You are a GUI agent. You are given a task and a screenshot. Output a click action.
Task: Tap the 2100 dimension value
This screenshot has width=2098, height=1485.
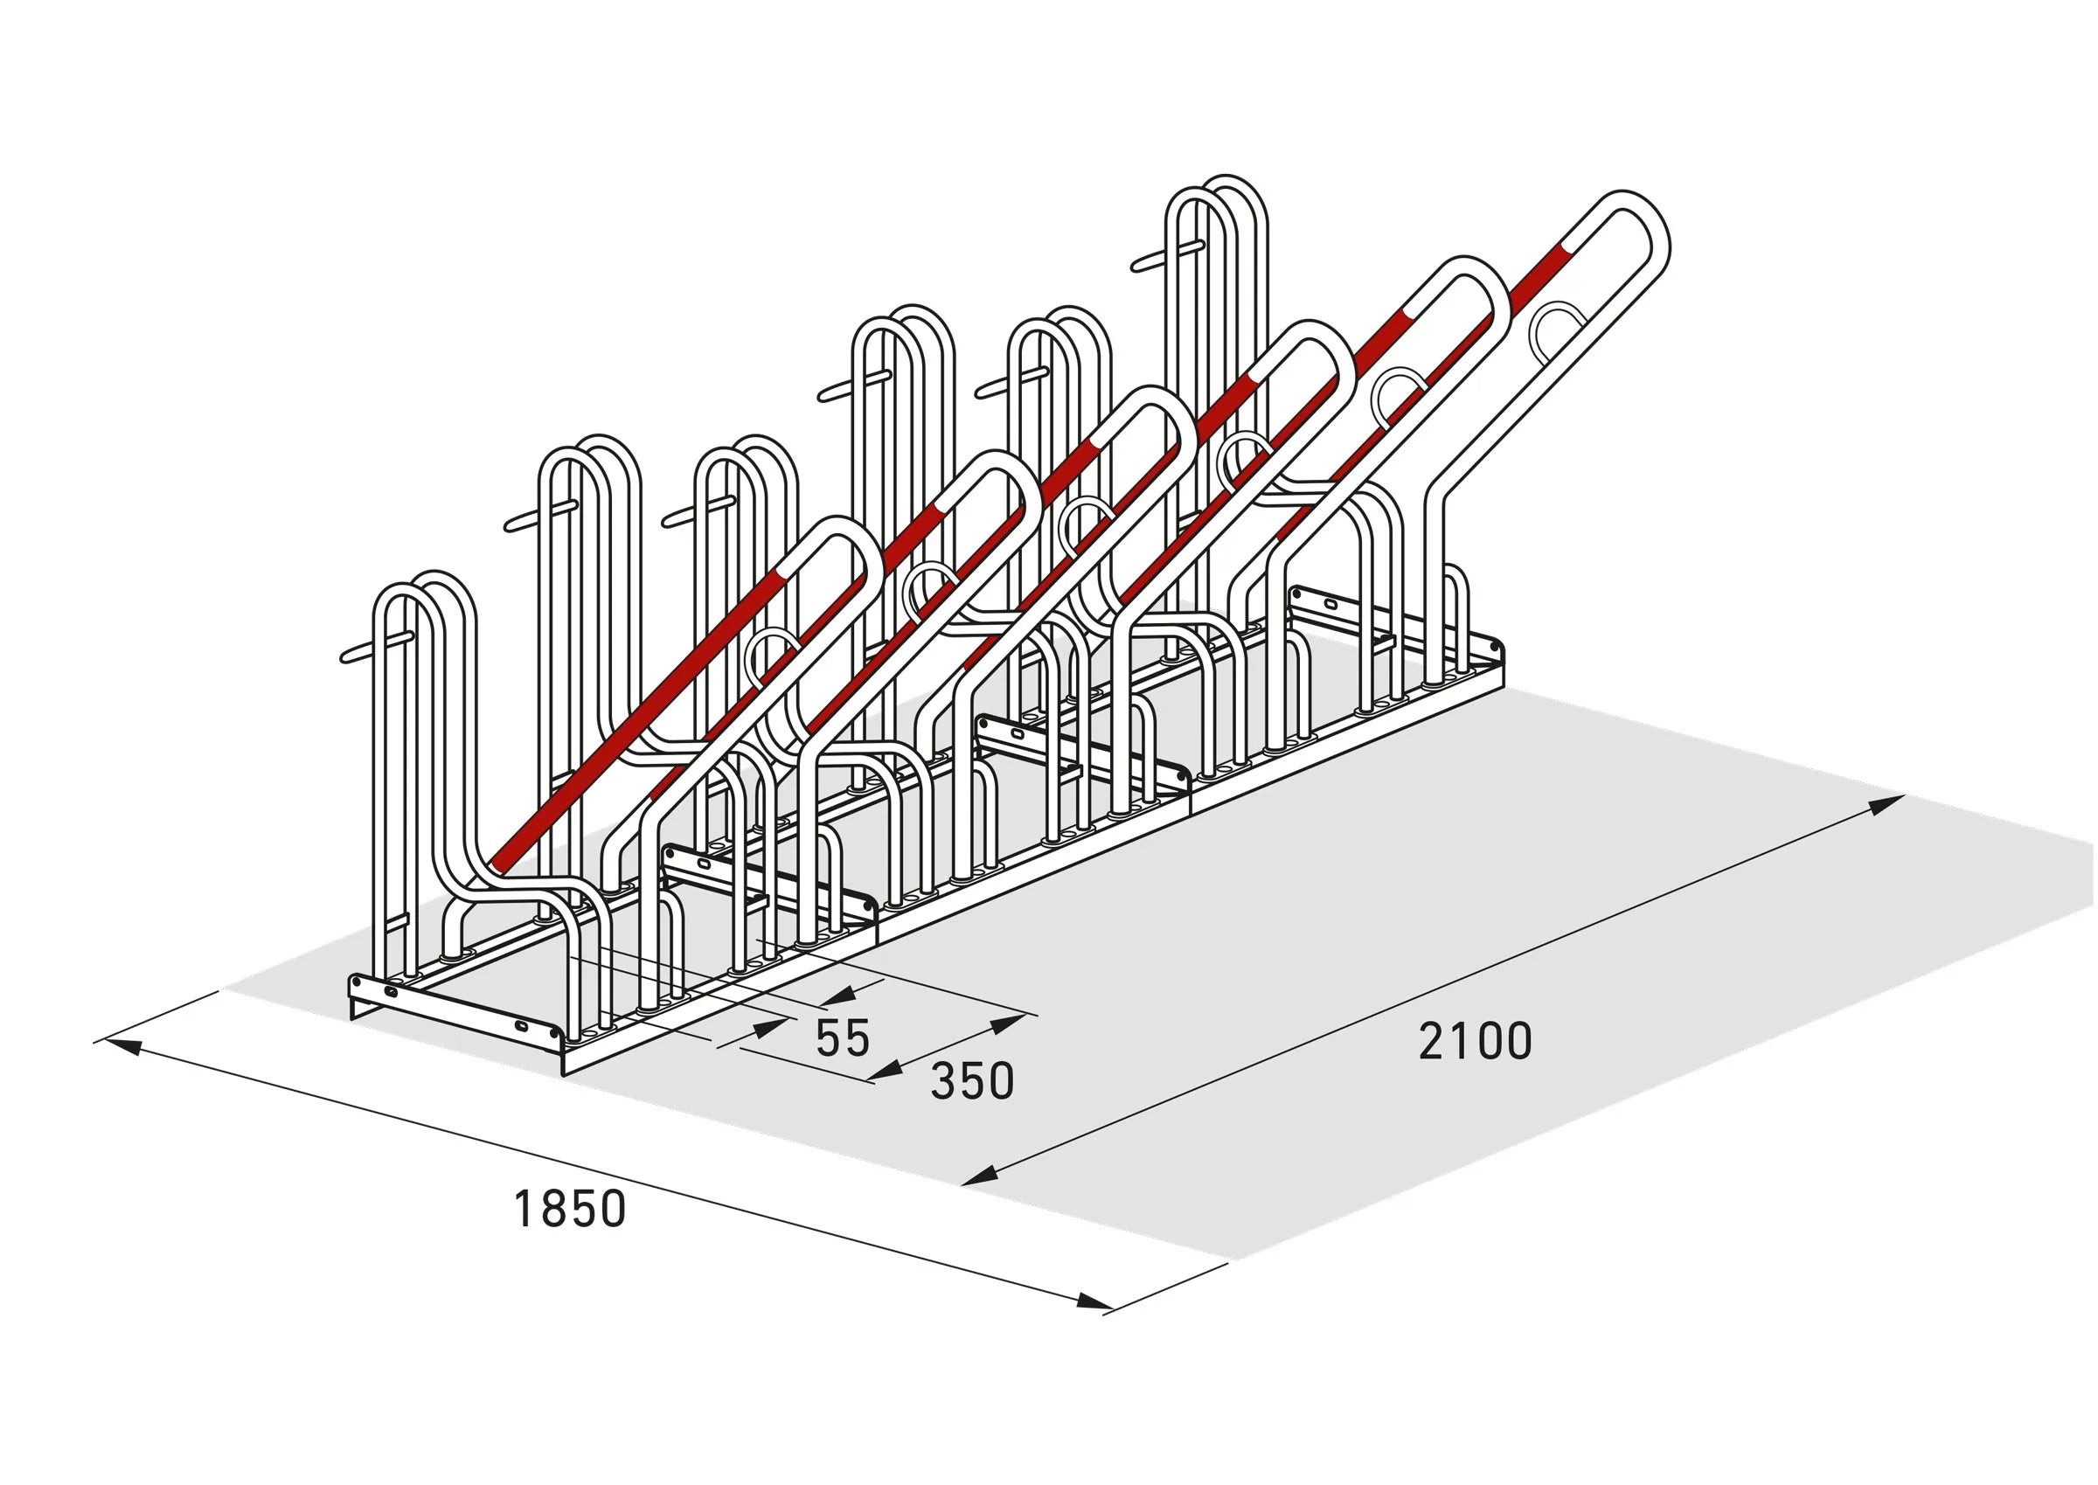point(1476,1041)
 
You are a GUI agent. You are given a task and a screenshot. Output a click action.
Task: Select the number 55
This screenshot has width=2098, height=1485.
point(843,1037)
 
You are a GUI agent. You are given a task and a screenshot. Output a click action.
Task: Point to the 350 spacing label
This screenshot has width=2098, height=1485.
point(973,1081)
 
